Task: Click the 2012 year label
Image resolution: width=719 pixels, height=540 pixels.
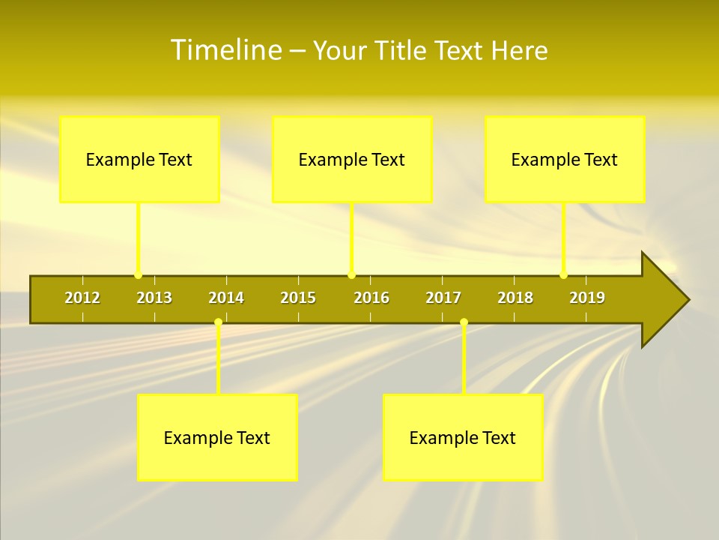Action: pyautogui.click(x=82, y=298)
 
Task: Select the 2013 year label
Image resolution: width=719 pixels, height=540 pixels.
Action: pyautogui.click(x=154, y=298)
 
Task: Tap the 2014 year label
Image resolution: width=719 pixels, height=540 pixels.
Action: pyautogui.click(x=226, y=298)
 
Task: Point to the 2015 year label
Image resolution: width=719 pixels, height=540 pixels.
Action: pyautogui.click(x=298, y=298)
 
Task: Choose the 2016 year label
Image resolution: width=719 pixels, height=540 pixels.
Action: pyautogui.click(x=371, y=298)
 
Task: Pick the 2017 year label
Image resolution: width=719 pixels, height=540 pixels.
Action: pyautogui.click(x=443, y=298)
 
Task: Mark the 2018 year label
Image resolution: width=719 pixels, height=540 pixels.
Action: pyautogui.click(x=515, y=298)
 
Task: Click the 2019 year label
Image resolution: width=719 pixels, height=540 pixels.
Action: pyautogui.click(x=587, y=298)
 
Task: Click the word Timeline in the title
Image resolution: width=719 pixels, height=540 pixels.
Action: pyautogui.click(x=225, y=50)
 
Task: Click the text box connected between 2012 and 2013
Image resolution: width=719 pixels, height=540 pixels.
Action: pyautogui.click(x=139, y=159)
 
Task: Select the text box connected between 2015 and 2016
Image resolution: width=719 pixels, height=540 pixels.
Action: pyautogui.click(x=352, y=159)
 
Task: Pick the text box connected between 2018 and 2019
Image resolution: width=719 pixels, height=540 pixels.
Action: pyautogui.click(x=565, y=159)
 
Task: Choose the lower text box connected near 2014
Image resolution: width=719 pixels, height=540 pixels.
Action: pyautogui.click(x=217, y=437)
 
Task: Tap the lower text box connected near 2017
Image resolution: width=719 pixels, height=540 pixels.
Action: pyautogui.click(x=463, y=437)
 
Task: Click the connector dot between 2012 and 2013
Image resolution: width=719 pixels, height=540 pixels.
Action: pyautogui.click(x=138, y=275)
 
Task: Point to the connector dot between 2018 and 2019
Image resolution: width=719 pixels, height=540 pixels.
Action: pyautogui.click(x=563, y=275)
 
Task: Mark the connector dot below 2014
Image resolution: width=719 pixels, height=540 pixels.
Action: pyautogui.click(x=218, y=322)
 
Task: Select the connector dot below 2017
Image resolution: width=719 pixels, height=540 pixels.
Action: pyautogui.click(x=464, y=322)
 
